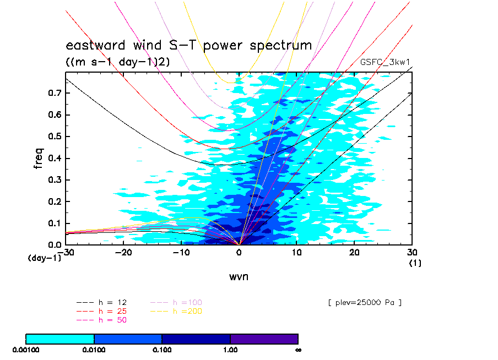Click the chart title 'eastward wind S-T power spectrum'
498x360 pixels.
[x=189, y=46]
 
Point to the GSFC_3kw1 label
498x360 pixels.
[x=386, y=63]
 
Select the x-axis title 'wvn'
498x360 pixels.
[x=239, y=276]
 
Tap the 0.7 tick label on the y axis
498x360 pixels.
[x=53, y=93]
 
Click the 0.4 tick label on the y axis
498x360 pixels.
[x=53, y=159]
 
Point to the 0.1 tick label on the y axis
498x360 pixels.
[x=53, y=223]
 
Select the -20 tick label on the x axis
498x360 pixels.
[x=123, y=252]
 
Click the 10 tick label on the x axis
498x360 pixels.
[x=297, y=252]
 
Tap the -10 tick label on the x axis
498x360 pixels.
[x=181, y=252]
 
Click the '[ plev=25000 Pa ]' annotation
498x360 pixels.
[x=364, y=303]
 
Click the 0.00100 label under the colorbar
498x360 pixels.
[x=26, y=350]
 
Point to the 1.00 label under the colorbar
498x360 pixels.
[x=230, y=350]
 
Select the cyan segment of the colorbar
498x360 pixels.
[x=60, y=339]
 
